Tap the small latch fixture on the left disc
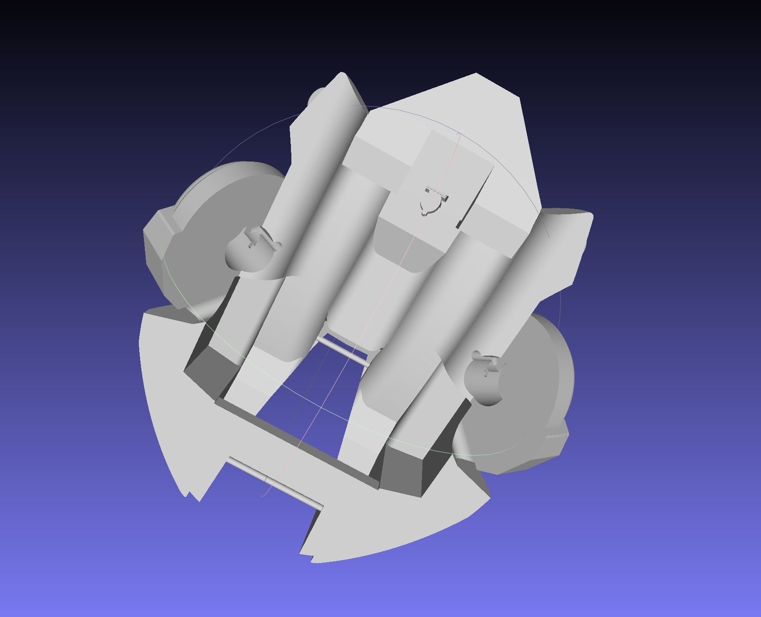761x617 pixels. (x=253, y=240)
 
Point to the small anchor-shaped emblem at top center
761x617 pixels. (x=435, y=199)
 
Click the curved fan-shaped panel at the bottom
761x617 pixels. (x=386, y=527)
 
